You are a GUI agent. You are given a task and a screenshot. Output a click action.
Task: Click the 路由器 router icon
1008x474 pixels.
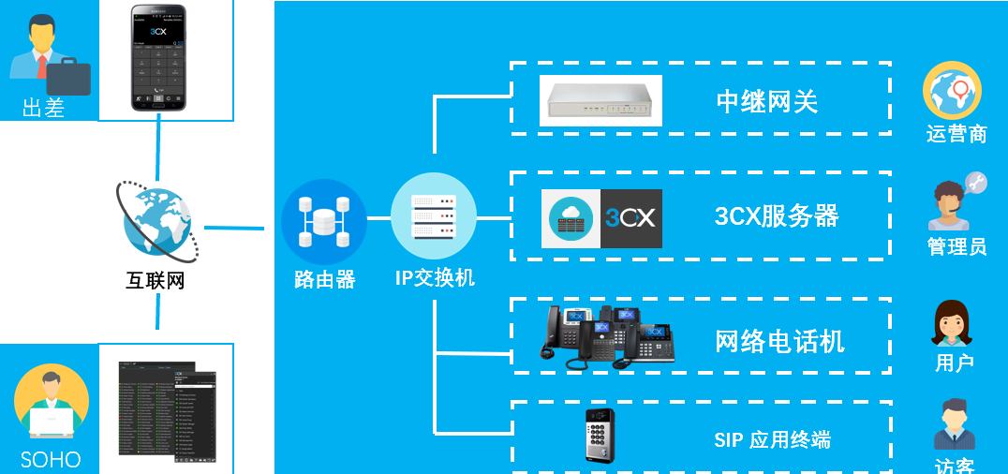pos(323,221)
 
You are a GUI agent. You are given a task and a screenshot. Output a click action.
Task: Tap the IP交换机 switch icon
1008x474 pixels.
pos(434,216)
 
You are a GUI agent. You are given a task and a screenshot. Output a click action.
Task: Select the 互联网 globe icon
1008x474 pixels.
pos(156,221)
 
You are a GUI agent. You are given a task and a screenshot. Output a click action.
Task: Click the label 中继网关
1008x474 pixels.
pos(766,101)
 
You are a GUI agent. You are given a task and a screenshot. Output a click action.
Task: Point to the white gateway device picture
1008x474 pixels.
pos(601,101)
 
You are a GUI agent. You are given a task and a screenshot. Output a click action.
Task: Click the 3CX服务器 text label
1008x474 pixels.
pos(776,216)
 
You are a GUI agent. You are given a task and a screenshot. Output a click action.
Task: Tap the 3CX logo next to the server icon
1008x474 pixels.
pos(630,219)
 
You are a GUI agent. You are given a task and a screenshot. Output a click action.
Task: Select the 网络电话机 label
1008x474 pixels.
pos(779,342)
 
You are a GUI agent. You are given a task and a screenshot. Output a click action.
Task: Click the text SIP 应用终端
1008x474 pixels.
pos(772,440)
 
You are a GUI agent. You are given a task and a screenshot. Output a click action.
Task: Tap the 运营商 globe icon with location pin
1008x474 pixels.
pos(952,91)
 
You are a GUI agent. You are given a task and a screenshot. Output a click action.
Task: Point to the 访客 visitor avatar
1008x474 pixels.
pos(955,425)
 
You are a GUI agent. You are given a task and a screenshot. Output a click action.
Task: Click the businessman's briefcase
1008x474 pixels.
pos(68,77)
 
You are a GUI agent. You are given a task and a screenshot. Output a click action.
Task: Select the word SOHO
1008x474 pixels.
pos(51,460)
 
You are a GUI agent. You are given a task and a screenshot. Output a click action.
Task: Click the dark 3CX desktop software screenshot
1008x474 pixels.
pos(167,411)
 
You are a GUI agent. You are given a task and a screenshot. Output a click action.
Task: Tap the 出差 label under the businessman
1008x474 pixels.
pos(43,109)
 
